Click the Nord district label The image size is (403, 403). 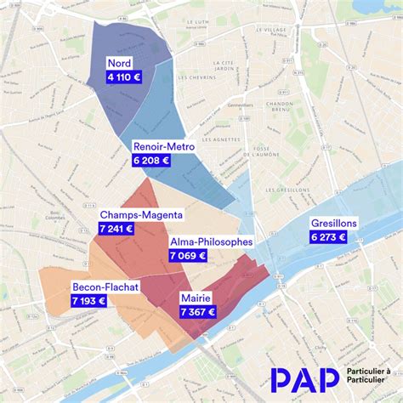pos(119,64)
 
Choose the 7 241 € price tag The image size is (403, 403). pos(116,228)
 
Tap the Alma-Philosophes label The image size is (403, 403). pos(211,241)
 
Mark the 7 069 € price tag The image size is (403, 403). pos(188,255)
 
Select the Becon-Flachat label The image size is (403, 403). pos(105,287)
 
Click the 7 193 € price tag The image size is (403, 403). pos(89,300)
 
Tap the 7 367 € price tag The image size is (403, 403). pos(198,312)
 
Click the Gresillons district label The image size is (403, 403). pos(334,223)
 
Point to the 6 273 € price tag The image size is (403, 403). pos(328,236)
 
